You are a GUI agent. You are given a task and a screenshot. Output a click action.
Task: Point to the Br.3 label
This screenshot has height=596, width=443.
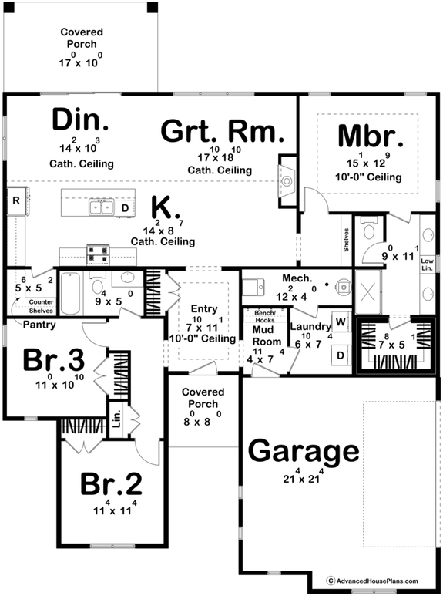pos(53,359)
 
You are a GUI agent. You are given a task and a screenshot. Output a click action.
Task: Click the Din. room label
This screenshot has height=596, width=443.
pos(80,122)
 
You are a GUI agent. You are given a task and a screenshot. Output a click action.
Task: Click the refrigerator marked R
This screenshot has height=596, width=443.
pos(15,200)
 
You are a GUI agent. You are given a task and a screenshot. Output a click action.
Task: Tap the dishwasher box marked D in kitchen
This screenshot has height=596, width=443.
pos(125,207)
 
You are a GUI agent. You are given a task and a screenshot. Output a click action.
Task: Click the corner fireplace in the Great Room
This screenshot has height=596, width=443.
pos(286,182)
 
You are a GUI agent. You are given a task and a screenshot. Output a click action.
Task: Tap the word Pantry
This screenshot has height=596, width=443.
pos(39,325)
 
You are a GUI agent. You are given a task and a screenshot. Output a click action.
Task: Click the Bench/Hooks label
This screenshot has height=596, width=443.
pos(265,316)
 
